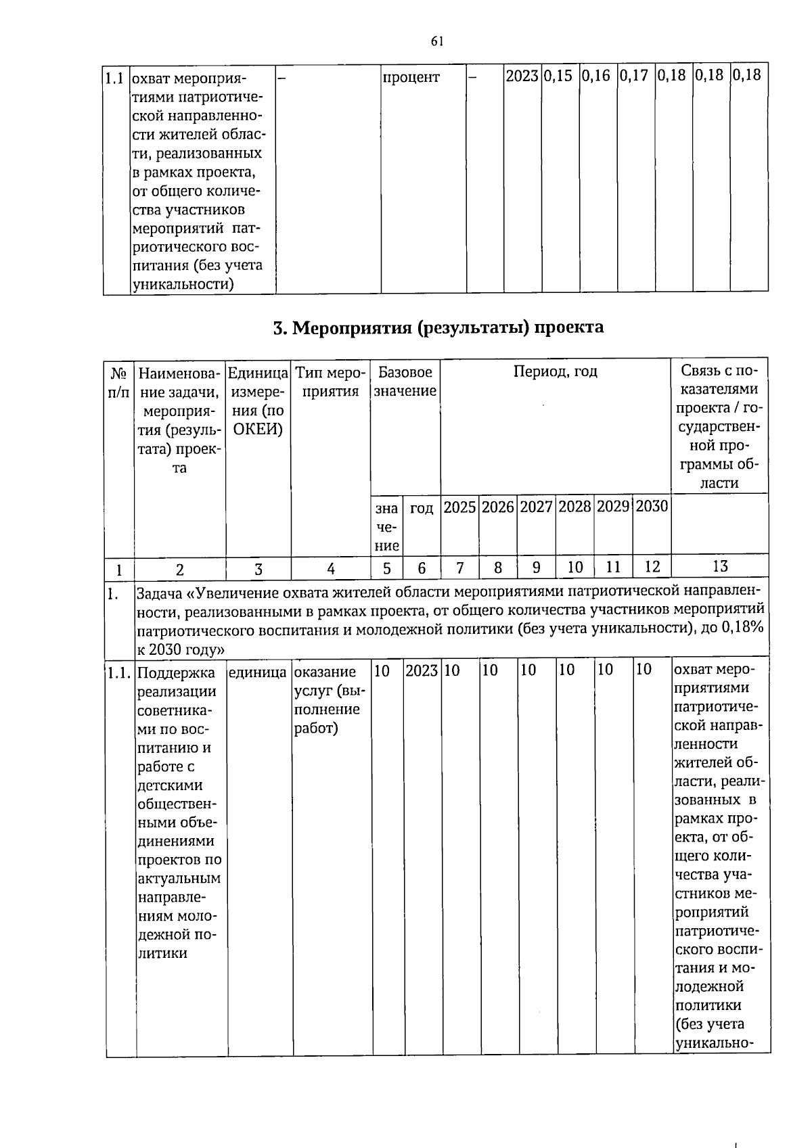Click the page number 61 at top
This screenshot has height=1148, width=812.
[x=436, y=41]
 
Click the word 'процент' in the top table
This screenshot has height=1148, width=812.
[x=411, y=77]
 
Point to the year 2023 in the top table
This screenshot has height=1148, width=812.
[x=522, y=75]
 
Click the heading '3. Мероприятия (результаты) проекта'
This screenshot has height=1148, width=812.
[x=438, y=328]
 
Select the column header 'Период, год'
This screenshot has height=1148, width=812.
[x=555, y=371]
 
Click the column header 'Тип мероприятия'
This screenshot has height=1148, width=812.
[x=330, y=382]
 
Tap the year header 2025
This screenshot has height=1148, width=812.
[x=459, y=507]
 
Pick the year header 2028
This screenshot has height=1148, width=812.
[x=574, y=507]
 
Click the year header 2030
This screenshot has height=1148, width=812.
[x=652, y=507]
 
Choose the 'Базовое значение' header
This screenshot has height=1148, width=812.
[x=405, y=382]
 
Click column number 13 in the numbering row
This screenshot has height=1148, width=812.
[x=720, y=567]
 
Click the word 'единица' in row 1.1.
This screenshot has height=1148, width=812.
[x=258, y=672]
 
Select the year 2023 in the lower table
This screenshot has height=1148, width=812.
[x=422, y=671]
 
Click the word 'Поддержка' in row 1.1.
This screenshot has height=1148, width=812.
[x=175, y=672]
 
